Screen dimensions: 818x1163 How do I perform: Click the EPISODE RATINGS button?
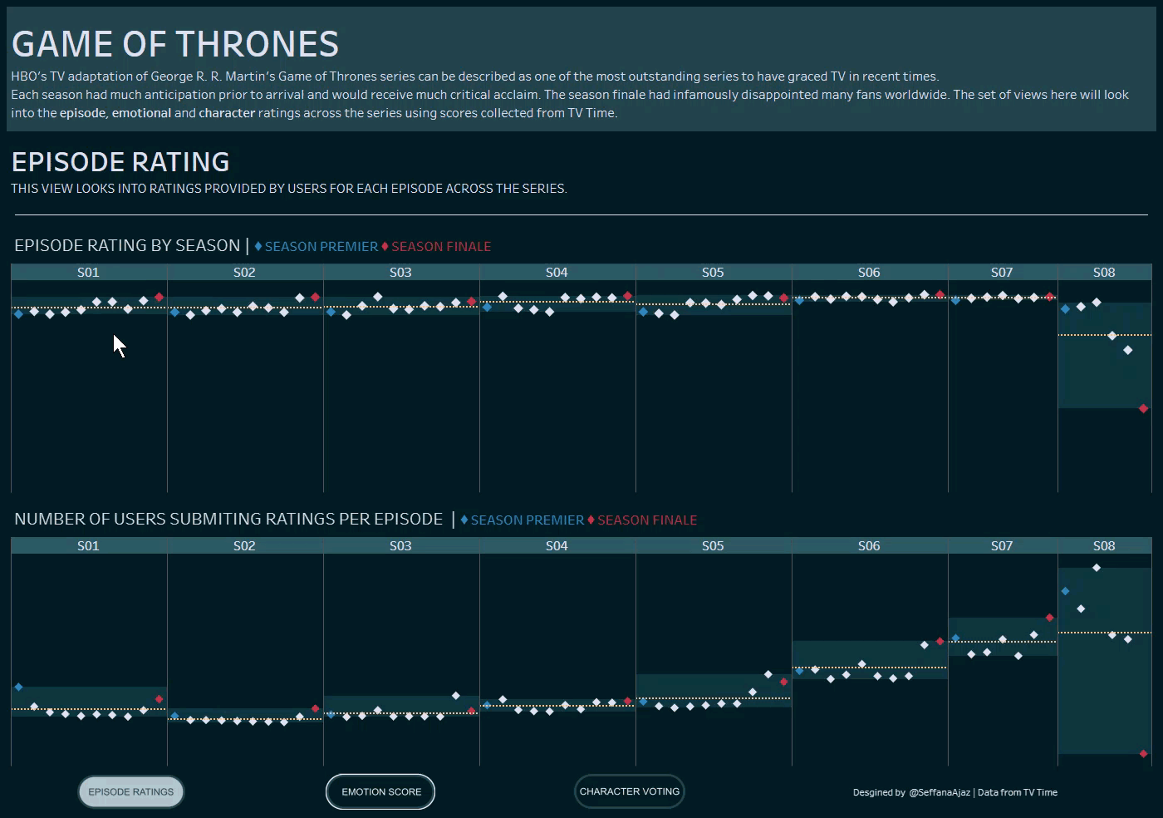point(131,791)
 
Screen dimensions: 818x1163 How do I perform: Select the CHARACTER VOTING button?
point(629,791)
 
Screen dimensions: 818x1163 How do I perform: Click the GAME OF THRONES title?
point(175,44)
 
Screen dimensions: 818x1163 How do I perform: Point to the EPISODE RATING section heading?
point(120,162)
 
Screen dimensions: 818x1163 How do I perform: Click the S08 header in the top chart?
point(1104,273)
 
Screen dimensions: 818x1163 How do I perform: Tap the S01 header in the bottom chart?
point(88,546)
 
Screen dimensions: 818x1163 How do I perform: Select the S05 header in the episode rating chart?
point(713,273)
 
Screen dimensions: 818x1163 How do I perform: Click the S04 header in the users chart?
point(557,546)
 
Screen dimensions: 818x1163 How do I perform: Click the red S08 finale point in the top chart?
point(1143,408)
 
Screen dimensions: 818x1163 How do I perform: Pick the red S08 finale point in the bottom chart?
point(1143,754)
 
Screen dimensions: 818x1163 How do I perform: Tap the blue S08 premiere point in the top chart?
point(1065,309)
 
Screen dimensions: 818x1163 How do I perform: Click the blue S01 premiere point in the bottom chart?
point(18,687)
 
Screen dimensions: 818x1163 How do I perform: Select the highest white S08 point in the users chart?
point(1097,568)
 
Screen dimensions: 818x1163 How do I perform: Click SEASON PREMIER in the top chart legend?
point(321,247)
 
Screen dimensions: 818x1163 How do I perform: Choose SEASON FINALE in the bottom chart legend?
point(646,520)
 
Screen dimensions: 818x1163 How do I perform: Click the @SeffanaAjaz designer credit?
point(939,792)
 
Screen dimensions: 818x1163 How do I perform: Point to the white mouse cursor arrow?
point(119,345)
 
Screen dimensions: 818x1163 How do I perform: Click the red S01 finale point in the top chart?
point(159,297)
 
